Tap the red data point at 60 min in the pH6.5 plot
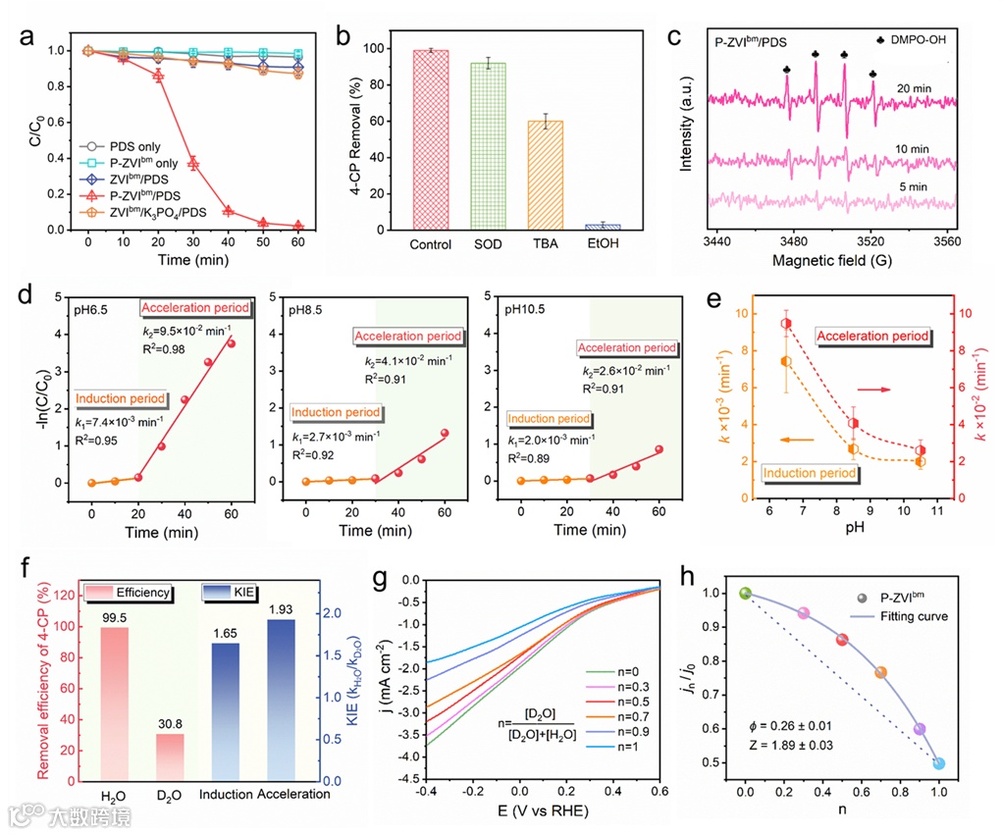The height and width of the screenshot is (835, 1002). point(232,343)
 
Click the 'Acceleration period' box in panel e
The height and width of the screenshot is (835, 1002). point(872,336)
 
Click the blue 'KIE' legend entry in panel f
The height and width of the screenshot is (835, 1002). point(222,593)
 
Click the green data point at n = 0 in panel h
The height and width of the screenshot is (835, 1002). point(746,594)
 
